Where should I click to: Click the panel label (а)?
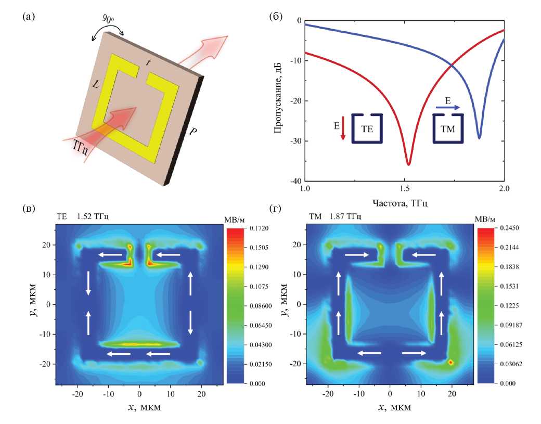29,17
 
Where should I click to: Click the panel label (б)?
275,17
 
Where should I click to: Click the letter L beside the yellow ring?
96,84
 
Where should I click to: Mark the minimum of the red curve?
408,164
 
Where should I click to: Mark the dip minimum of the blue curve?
479,138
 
